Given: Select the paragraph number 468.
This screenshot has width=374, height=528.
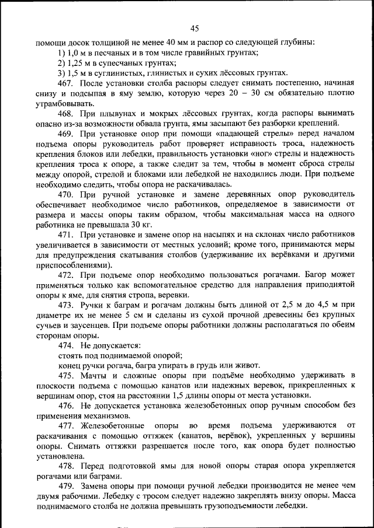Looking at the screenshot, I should click(x=66, y=113).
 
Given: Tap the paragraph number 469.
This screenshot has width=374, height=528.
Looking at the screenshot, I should click(x=66, y=134).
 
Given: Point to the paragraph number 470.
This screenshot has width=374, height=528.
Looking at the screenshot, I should click(x=66, y=194).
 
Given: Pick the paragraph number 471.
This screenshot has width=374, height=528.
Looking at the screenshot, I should click(x=66, y=234).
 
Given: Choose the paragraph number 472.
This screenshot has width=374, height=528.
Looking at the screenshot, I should click(x=66, y=274).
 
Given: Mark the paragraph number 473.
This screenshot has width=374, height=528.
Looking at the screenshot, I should click(x=66, y=305).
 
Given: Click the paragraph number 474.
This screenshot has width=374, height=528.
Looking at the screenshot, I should click(x=66, y=345).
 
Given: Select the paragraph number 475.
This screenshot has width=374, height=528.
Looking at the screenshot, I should click(x=66, y=375).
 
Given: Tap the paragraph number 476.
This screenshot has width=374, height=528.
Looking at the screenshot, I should click(x=66, y=405).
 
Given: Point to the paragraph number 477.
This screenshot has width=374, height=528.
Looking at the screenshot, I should click(x=66, y=426).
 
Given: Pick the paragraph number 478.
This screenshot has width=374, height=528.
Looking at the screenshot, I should click(x=66, y=466).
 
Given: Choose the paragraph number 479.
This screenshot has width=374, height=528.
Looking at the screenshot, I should click(x=66, y=486).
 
